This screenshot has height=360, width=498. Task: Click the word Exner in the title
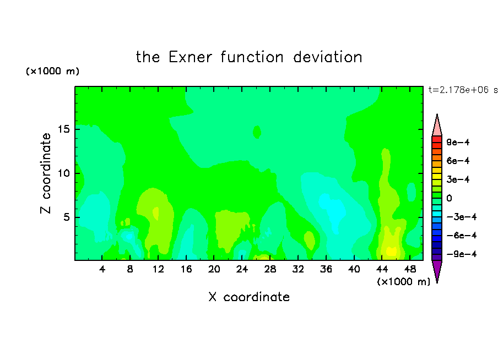point(190,57)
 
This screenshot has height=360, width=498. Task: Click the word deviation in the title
point(328,57)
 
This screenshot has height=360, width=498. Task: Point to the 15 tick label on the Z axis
point(63,129)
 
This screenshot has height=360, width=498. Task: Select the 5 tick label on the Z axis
point(67,217)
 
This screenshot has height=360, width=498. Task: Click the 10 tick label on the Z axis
point(63,173)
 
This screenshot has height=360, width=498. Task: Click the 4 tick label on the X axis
point(102,269)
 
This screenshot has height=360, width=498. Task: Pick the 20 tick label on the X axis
point(214,269)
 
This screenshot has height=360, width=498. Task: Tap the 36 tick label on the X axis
point(326,269)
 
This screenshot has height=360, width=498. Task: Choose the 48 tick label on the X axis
point(410,269)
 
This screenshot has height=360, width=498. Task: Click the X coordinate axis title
point(249,297)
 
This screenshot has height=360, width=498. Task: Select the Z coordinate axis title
point(46,173)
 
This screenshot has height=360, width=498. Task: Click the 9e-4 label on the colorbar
point(458,142)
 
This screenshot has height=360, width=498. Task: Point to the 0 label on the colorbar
point(449,198)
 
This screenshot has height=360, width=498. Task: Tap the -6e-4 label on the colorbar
point(462,236)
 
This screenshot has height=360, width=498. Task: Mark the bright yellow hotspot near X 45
point(391,251)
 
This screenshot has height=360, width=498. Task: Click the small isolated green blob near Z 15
point(257,132)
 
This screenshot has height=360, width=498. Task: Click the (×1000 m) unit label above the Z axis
point(52,71)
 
